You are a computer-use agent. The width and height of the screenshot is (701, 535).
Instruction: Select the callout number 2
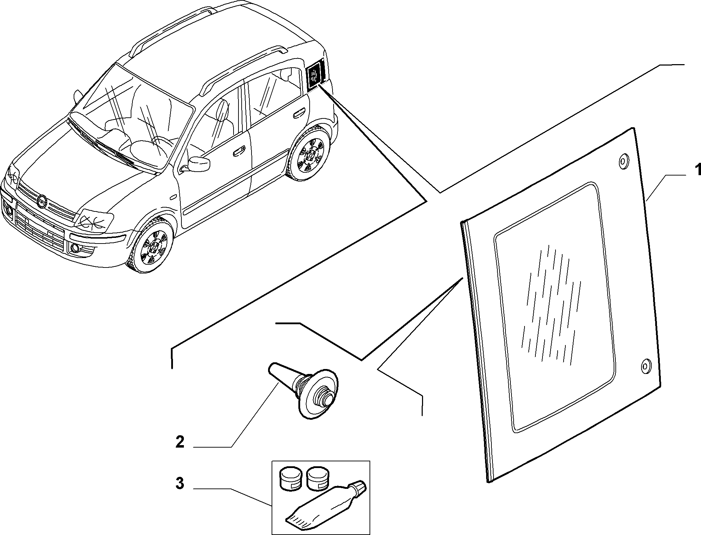pyautogui.click(x=180, y=442)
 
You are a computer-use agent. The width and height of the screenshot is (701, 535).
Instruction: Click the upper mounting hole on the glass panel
pyautogui.click(x=623, y=161)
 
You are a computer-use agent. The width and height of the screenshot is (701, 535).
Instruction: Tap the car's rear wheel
pyautogui.click(x=310, y=155)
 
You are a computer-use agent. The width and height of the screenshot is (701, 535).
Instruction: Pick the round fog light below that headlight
pyautogui.click(x=75, y=248)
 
